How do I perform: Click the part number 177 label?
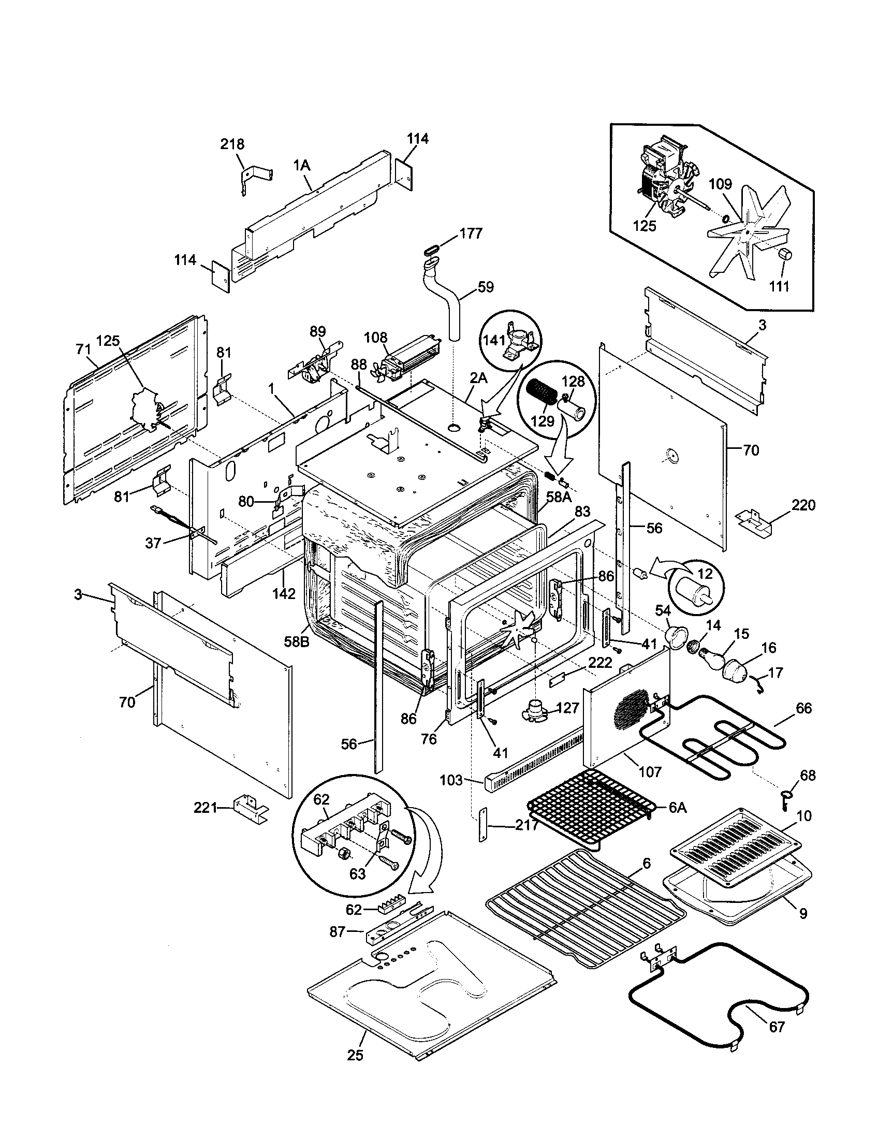(471, 233)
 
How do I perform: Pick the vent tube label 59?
(486, 287)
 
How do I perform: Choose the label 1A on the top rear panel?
(301, 166)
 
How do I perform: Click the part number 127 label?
(568, 708)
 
